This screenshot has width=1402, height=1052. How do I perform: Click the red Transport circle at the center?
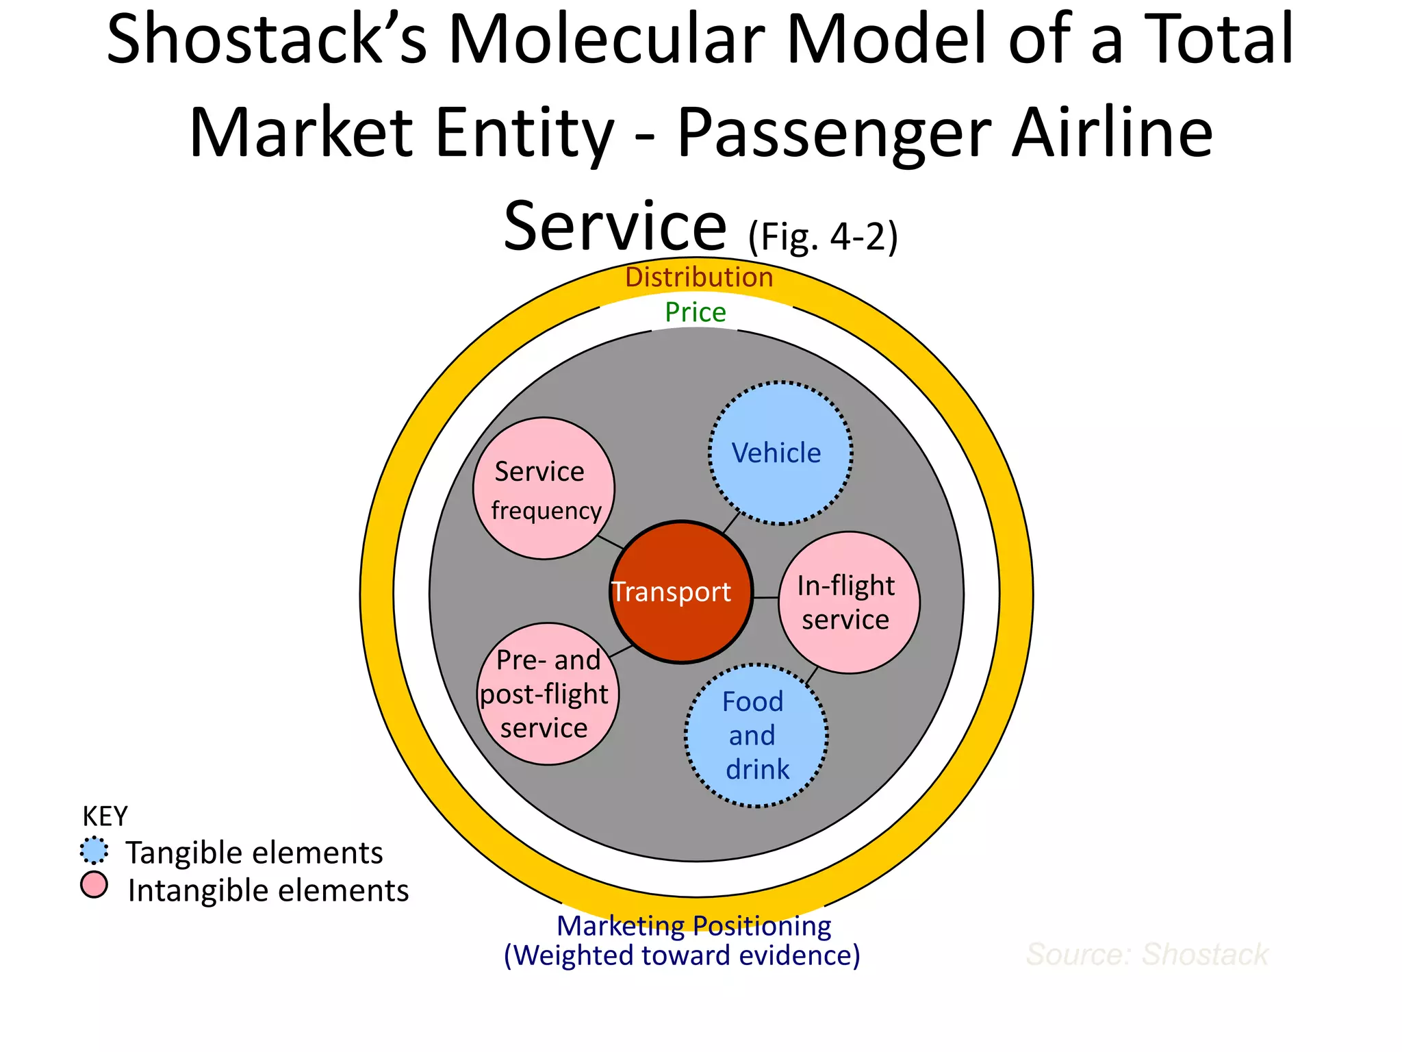681,592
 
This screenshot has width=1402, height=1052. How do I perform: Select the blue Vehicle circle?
780,453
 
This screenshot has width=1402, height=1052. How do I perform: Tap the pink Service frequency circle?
544,488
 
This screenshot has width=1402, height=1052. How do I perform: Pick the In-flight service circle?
849,602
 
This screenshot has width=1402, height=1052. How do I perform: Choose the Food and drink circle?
756,736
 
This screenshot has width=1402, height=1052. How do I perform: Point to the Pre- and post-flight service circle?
548,694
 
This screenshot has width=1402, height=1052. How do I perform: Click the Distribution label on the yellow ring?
699,277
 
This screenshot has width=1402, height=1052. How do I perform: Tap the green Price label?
696,312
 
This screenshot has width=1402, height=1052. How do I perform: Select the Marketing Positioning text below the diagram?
693,925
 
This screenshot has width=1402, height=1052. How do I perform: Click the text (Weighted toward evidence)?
682,955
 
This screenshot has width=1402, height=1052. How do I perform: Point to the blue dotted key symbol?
94,851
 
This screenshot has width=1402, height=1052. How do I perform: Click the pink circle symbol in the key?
94,885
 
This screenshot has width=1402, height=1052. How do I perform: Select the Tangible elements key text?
254,853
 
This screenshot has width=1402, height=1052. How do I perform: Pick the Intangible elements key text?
268,890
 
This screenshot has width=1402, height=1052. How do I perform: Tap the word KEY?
105,816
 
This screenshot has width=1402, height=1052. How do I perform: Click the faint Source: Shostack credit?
1147,954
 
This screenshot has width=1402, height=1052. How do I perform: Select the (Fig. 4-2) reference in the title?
822,237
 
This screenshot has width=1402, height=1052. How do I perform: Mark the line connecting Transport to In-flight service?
765,597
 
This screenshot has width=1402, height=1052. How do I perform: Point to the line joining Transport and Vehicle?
731,523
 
